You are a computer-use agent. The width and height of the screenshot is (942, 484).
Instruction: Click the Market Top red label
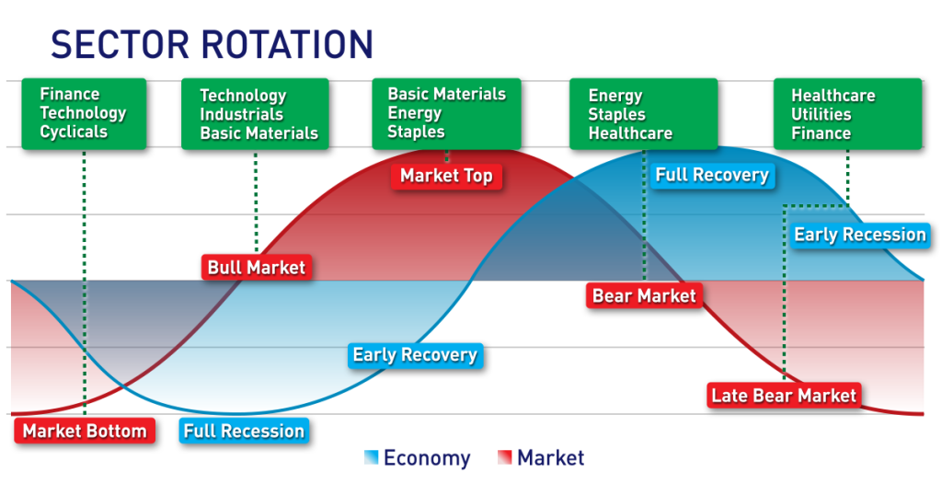(x=446, y=176)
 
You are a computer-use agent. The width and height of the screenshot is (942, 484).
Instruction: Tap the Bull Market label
(x=256, y=268)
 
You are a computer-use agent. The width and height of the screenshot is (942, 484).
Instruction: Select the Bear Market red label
(x=644, y=295)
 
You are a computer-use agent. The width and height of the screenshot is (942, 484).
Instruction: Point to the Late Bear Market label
(x=784, y=396)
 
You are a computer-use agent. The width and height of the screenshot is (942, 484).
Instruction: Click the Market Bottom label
(x=85, y=431)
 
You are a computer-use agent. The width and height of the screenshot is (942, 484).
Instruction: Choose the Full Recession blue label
(x=244, y=431)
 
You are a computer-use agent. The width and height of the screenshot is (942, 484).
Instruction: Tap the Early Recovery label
(x=415, y=355)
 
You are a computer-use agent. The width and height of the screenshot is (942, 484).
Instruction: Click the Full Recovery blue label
(x=712, y=175)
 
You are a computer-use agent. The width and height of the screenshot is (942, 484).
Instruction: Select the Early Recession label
(x=859, y=235)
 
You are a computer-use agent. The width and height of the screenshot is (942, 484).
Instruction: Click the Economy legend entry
(x=426, y=457)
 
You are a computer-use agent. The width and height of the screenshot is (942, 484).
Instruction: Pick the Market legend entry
(x=550, y=457)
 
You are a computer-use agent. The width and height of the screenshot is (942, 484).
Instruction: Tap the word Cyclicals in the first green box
(x=74, y=132)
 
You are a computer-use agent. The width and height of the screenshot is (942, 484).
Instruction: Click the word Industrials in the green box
(x=243, y=114)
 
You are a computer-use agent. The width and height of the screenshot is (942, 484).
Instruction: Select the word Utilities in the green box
(x=821, y=114)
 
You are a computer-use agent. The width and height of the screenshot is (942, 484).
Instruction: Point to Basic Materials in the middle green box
(x=446, y=94)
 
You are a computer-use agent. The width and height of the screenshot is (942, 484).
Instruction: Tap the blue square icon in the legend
(x=371, y=457)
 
